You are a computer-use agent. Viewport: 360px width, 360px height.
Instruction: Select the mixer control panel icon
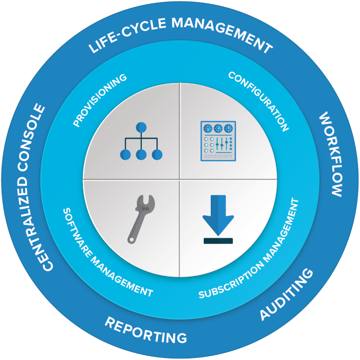pyautogui.click(x=218, y=141)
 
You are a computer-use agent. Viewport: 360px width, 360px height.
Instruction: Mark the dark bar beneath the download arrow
pyautogui.click(x=218, y=241)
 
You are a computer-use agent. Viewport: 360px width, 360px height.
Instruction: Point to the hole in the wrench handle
pyautogui.click(x=131, y=239)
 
